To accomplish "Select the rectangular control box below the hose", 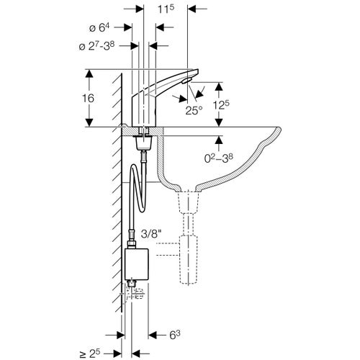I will point(138,263).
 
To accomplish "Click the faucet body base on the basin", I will point(144,119).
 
